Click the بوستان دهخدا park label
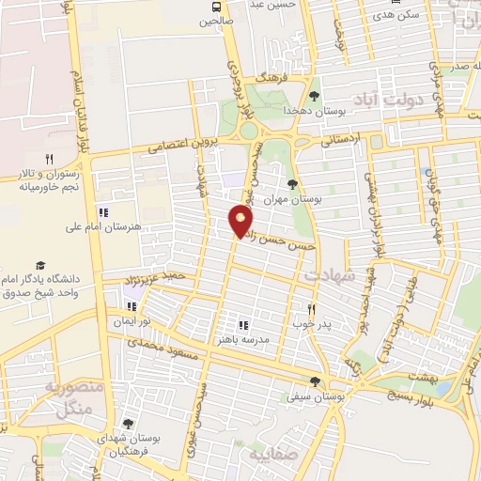point(316,110)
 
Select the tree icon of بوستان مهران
point(292,184)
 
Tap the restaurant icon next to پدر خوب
point(313,308)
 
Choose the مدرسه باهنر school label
point(244,340)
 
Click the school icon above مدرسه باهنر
point(243,325)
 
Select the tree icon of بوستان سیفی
point(315,381)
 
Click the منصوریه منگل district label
point(71,399)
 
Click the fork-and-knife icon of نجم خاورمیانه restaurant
point(49,159)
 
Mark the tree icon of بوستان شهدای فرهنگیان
point(128,424)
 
